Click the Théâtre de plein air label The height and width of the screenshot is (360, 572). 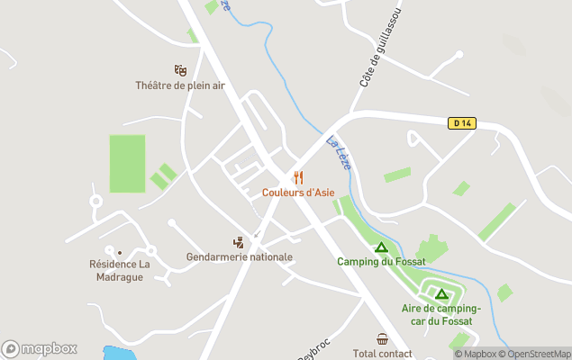179,85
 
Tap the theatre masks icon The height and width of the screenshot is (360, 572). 179,70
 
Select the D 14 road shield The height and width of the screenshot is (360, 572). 461,123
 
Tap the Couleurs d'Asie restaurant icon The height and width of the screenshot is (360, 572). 298,177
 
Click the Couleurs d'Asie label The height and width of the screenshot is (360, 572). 298,193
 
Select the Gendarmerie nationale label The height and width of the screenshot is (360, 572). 239,257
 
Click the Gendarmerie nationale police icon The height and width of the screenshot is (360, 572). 238,242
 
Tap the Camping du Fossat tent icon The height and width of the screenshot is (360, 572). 381,247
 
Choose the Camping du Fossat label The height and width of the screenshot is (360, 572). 380,262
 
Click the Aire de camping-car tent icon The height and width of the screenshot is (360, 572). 441,293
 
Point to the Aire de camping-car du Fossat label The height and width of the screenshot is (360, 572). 441,314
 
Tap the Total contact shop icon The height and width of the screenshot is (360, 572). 383,339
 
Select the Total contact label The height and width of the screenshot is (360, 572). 383,354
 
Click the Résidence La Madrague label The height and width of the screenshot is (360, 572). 120,270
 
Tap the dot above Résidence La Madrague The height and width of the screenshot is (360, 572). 120,252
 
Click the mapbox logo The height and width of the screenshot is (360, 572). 40,348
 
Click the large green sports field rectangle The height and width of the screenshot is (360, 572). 127,164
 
